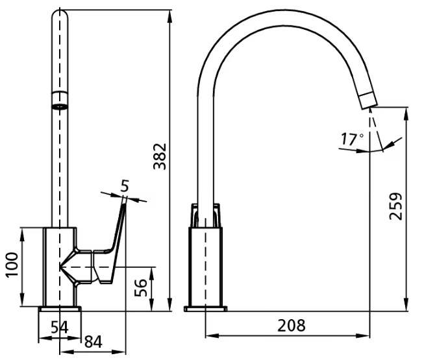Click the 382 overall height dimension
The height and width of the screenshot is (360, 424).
[x=160, y=156]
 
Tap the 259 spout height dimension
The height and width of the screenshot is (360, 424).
[x=395, y=206]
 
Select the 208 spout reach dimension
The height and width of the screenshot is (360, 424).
[x=292, y=326]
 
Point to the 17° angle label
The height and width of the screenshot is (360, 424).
[x=352, y=139]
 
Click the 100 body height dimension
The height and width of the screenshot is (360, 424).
[x=12, y=265]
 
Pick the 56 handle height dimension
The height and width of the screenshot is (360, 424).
[x=141, y=288]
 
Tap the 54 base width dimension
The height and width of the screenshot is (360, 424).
[x=60, y=328]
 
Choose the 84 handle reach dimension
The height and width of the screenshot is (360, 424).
[x=94, y=342]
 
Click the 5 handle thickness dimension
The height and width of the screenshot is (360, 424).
[x=125, y=186]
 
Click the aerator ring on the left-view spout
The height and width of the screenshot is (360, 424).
[x=60, y=107]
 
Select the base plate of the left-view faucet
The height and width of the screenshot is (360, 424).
[x=60, y=309]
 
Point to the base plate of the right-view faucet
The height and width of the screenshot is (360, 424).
[x=206, y=309]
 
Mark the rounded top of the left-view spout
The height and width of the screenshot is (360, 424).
[x=60, y=15]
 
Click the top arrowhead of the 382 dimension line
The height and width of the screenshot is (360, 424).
[x=170, y=16]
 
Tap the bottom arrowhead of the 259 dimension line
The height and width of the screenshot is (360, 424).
[x=406, y=305]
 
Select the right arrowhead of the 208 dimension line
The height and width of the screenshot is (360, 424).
[x=363, y=336]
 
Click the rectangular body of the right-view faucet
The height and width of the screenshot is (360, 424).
[x=206, y=267]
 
